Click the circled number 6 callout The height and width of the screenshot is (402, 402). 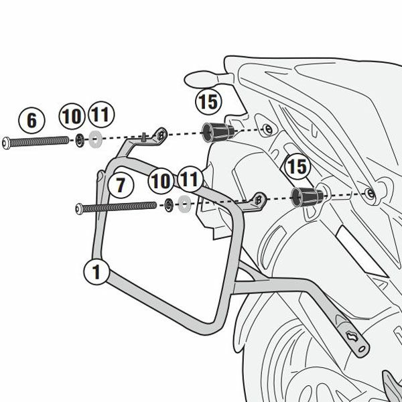[31, 121]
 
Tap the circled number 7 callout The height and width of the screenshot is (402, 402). [117, 186]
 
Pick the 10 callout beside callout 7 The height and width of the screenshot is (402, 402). [161, 180]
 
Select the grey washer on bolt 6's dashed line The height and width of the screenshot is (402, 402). [95, 141]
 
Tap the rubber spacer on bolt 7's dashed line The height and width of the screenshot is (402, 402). [305, 196]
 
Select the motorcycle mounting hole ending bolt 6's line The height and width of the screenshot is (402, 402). [267, 127]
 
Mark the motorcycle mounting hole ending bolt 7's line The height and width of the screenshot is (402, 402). [370, 194]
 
